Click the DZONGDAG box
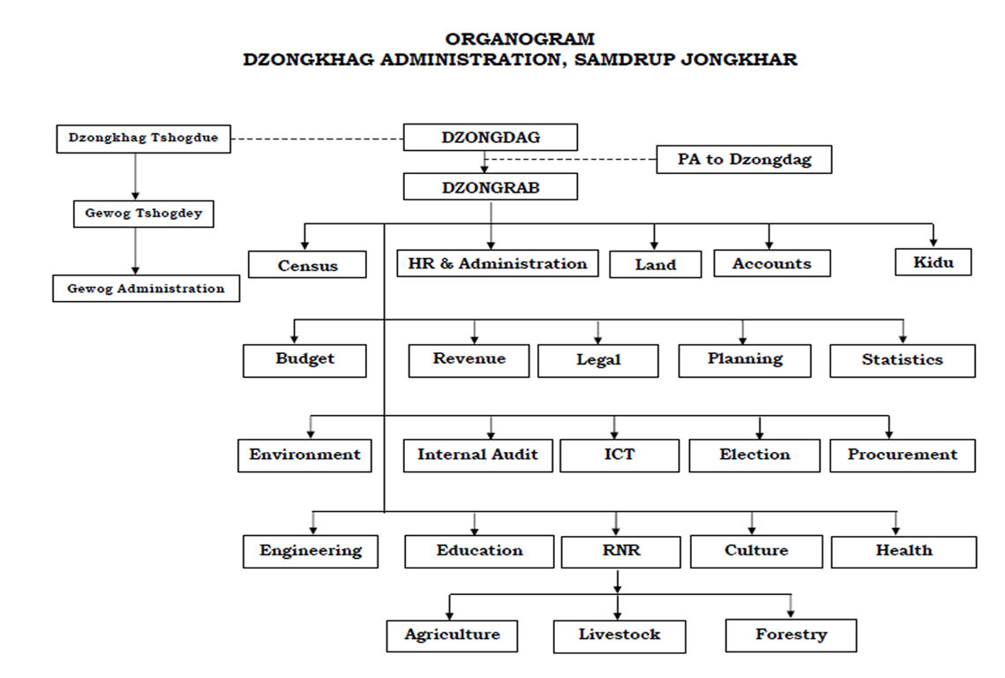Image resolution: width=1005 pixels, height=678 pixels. coord(491,137)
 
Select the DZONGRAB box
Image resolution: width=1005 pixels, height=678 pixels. coord(491,186)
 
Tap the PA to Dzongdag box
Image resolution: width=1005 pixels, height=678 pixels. coord(744,159)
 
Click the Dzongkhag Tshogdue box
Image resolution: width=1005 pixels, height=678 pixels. coord(144,139)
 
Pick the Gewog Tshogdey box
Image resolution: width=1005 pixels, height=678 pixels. coord(144,214)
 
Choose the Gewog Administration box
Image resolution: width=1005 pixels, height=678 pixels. coord(146,289)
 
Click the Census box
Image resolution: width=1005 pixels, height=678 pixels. coord(308,264)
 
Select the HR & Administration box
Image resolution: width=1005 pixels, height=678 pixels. coord(498,264)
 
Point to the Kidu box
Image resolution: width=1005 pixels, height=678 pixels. coord(934,262)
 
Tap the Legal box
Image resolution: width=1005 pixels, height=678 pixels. coord(598,360)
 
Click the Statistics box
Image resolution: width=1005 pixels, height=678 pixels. coord(903,360)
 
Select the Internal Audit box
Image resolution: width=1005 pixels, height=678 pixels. coord(478,456)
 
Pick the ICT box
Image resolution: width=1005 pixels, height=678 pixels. coord(619,456)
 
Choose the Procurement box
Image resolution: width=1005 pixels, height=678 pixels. coord(903,456)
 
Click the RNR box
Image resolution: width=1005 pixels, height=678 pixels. coord(621,552)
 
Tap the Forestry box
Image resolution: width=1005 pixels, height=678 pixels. coord(791,636)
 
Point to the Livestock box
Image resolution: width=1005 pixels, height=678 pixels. coord(619,637)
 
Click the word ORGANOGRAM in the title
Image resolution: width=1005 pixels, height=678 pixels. coord(520,39)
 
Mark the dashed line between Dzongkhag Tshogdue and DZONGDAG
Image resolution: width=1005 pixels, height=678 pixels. coord(318,139)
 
